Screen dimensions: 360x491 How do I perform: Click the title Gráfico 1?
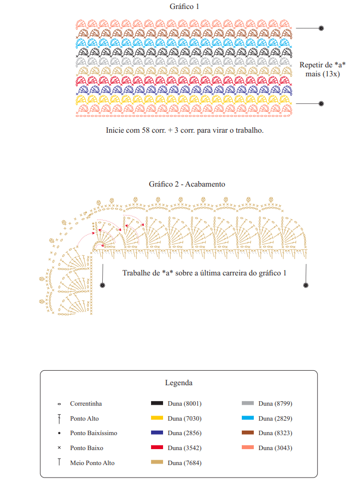tap(184, 6)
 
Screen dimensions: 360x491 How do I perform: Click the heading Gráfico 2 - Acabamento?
tap(187, 184)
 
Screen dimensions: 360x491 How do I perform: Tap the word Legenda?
tap(179, 383)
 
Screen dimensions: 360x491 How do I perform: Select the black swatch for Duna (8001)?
tap(157, 403)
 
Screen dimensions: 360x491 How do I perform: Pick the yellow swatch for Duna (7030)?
tap(157, 418)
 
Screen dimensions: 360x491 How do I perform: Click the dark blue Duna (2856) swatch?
tap(157, 433)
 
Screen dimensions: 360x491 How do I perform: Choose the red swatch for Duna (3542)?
tap(157, 448)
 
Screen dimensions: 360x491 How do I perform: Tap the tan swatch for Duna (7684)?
tap(157, 462)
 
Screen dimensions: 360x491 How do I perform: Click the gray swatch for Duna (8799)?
tap(248, 403)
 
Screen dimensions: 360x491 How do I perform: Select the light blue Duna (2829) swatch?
tap(248, 418)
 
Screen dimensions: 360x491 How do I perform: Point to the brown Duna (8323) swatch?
tap(248, 433)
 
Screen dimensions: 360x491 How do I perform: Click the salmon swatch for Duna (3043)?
tap(248, 448)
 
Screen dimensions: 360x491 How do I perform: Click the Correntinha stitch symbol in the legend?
tap(59, 404)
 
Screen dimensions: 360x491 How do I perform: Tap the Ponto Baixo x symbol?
tap(59, 448)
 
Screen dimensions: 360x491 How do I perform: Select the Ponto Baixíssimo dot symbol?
tap(59, 433)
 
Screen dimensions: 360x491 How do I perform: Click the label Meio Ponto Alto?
tap(92, 463)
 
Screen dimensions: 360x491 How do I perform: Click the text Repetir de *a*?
tap(323, 65)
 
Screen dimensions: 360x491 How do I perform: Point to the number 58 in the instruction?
tap(146, 130)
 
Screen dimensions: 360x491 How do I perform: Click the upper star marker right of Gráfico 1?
tap(321, 28)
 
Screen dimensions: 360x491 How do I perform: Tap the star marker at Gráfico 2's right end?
tap(306, 285)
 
